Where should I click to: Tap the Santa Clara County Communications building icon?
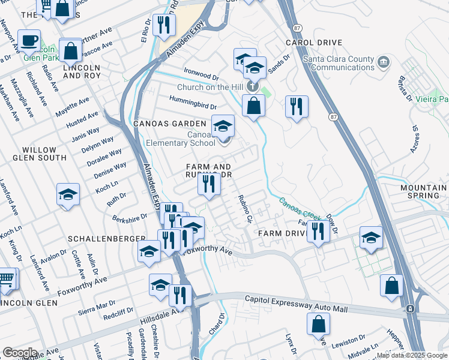383,62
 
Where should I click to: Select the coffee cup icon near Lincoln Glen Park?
29,41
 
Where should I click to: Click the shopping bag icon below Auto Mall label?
318,325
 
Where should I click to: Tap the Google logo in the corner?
20,352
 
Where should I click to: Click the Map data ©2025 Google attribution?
412,355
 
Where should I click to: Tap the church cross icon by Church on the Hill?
253,87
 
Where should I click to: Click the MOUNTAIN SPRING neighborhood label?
423,191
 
